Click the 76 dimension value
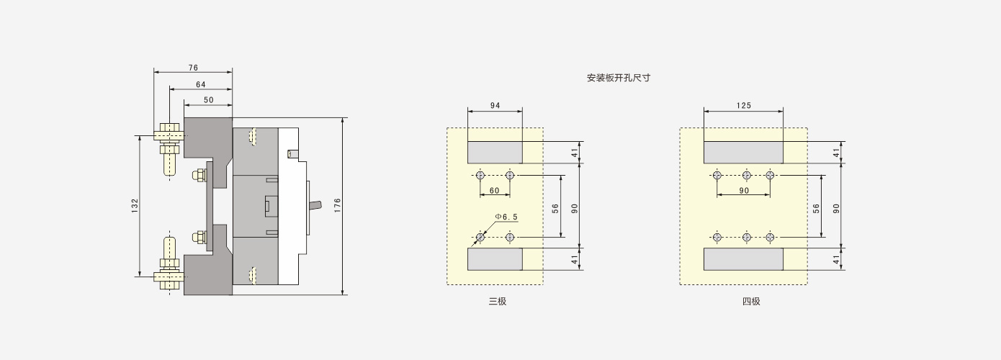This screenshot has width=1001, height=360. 193,68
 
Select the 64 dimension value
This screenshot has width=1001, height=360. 201,84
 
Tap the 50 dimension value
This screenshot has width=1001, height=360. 209,100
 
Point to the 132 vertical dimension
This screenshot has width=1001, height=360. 135,205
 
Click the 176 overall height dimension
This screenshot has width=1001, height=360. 338,205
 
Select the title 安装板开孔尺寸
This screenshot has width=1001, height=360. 619,78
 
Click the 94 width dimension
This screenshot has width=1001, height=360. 495,105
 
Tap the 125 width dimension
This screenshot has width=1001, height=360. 744,105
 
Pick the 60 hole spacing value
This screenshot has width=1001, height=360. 494,190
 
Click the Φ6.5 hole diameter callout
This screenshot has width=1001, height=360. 506,217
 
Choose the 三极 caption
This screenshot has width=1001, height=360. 498,302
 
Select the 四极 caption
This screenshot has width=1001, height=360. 751,302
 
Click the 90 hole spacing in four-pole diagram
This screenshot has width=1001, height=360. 744,190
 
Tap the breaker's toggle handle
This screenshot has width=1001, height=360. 313,205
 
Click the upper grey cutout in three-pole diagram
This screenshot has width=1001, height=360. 495,153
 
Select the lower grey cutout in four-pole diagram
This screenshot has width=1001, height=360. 744,259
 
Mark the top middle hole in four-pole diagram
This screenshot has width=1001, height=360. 746,175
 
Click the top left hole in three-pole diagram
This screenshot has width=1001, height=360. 480,175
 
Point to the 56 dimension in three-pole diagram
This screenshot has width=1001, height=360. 555,208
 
